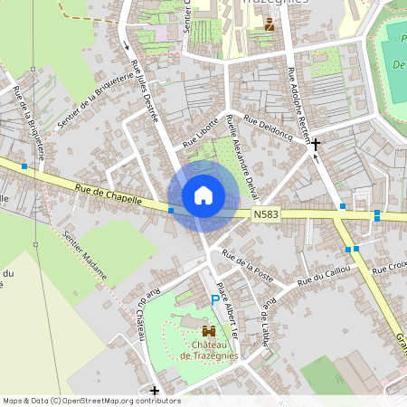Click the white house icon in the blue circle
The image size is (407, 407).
click(x=203, y=194)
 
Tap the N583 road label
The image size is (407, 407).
click(x=265, y=213)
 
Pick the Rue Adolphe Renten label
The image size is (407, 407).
click(x=299, y=99)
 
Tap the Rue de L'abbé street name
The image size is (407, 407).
click(x=266, y=317)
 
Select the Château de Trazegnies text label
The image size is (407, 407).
click(x=210, y=349)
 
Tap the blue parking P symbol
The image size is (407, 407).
click(x=215, y=299)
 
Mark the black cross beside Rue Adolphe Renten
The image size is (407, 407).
click(x=316, y=143)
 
